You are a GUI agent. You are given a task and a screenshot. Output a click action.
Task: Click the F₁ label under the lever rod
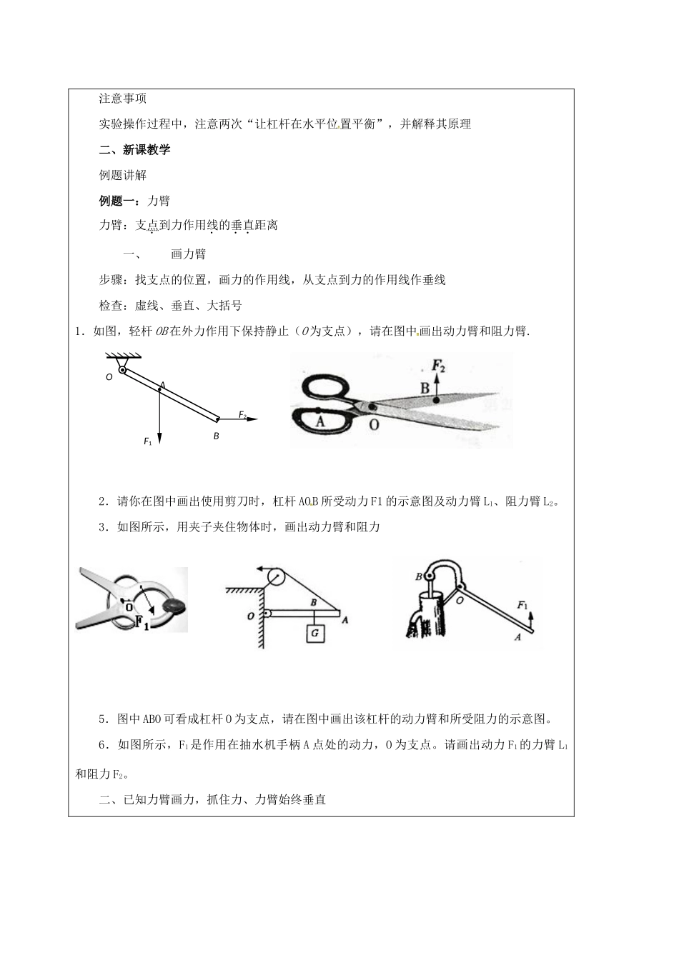tap(148, 442)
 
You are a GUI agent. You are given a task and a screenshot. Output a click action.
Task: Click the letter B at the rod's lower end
tap(216, 436)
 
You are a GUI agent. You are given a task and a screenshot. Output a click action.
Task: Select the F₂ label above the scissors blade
tap(439, 367)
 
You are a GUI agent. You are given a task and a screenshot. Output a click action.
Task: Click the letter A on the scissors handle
tap(319, 421)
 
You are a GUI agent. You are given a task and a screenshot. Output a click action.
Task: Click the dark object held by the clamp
tap(174, 606)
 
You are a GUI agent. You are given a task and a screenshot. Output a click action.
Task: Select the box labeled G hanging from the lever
tap(314, 633)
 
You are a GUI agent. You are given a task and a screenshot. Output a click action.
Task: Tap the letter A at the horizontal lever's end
tap(346, 620)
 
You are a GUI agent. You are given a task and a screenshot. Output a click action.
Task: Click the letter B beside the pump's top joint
tap(418, 576)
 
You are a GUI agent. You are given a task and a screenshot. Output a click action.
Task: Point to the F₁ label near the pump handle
tap(522, 605)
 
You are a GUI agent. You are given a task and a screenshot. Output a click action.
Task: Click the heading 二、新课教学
tap(134, 149)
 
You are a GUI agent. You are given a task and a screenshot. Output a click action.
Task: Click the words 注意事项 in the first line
tap(123, 98)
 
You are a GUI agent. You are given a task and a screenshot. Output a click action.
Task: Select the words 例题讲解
tap(123, 175)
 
